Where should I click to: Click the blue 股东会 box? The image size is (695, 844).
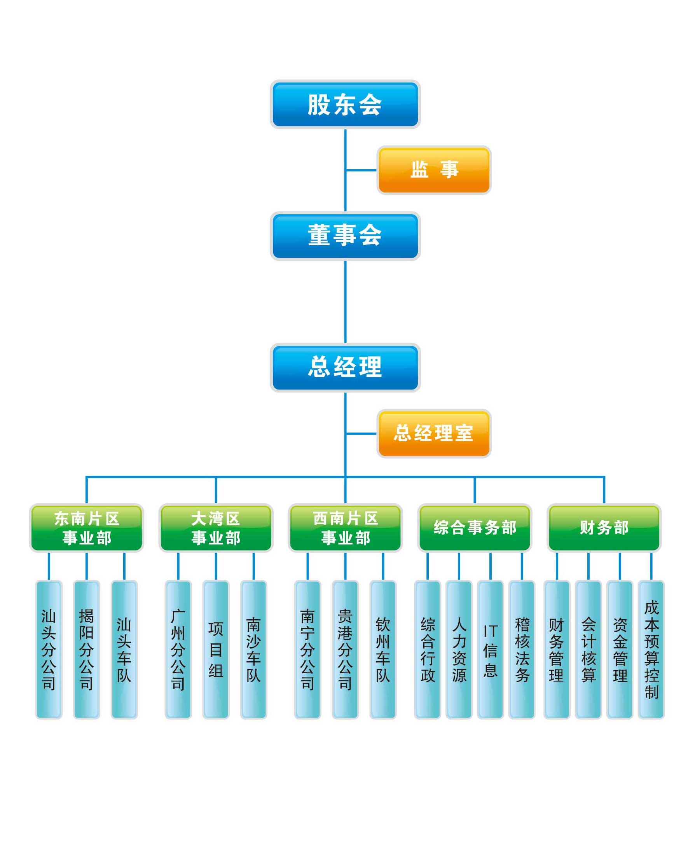pyautogui.click(x=345, y=105)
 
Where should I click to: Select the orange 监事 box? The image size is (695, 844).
pyautogui.click(x=434, y=170)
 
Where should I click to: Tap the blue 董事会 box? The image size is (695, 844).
pyautogui.click(x=345, y=236)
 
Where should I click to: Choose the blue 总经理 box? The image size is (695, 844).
pyautogui.click(x=345, y=367)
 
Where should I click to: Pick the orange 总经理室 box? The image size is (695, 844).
pyautogui.click(x=434, y=433)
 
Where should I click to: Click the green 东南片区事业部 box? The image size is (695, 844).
pyautogui.click(x=86, y=528)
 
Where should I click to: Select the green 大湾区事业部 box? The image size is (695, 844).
pyautogui.click(x=216, y=528)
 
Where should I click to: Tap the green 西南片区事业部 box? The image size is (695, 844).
pyautogui.click(x=345, y=528)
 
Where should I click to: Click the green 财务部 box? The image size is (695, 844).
pyautogui.click(x=604, y=528)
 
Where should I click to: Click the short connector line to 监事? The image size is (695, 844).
pyautogui.click(x=361, y=170)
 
